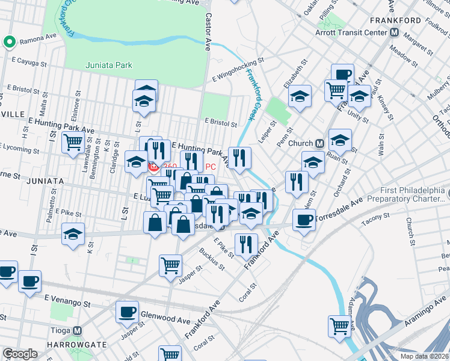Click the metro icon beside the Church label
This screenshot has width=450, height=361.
pyautogui.click(x=320, y=143)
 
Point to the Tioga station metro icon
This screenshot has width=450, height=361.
pyautogui.click(x=77, y=330)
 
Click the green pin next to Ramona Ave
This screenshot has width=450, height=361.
pyautogui.click(x=9, y=42)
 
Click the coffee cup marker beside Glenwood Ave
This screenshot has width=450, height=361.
pyautogui.click(x=127, y=310)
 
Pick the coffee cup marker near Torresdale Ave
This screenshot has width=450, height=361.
pyautogui.click(x=304, y=219)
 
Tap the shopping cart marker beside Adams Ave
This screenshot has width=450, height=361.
pyautogui.click(x=340, y=326)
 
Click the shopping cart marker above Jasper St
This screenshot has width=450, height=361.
pyautogui.click(x=171, y=265)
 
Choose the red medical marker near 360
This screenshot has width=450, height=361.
pyautogui.click(x=153, y=166)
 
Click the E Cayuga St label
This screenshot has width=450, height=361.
pyautogui.click(x=32, y=61)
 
